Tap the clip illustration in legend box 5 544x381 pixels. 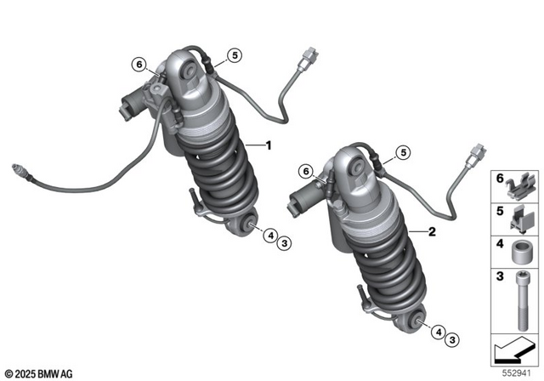point(520,218)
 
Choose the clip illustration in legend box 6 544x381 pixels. point(520,184)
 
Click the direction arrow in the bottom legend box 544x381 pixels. point(513,350)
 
